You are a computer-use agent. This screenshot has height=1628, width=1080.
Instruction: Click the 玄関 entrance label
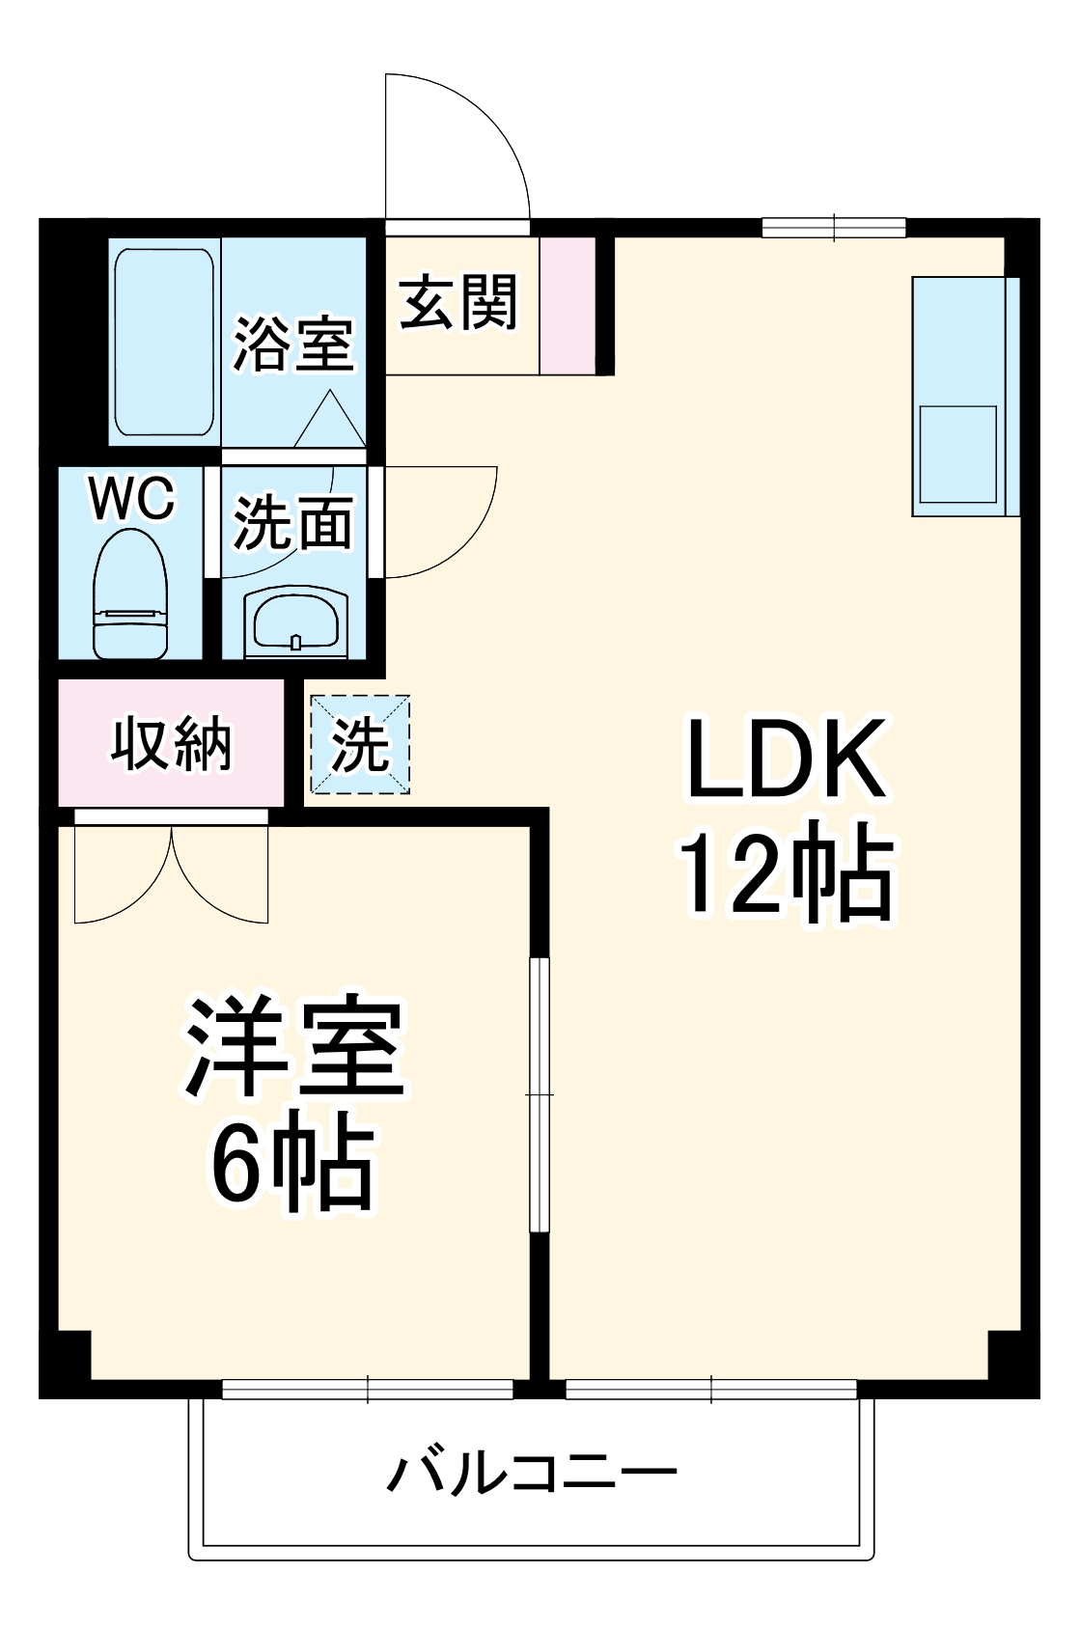[x=459, y=303]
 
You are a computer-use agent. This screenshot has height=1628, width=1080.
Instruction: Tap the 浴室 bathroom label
[x=293, y=345]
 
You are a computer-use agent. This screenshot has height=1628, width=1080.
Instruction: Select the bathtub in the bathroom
[x=164, y=342]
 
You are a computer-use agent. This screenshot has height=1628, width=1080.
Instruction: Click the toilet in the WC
[x=130, y=595]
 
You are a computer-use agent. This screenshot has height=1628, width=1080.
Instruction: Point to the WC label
[x=131, y=499]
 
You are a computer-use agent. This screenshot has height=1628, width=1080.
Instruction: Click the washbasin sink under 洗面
[x=295, y=621]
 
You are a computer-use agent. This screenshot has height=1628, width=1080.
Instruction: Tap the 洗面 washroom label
[x=293, y=523]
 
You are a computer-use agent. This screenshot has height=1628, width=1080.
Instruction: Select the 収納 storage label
[x=172, y=744]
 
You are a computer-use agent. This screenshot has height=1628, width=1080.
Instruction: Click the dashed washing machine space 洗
[x=360, y=745]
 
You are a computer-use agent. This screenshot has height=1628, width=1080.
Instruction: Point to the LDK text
[x=785, y=759]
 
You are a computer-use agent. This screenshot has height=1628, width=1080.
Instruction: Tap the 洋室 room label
[x=294, y=1046]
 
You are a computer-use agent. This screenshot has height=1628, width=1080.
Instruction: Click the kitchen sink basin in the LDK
[x=957, y=454]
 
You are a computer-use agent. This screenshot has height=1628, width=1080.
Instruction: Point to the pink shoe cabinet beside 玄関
[x=567, y=305]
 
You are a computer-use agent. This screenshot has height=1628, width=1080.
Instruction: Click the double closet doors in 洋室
[x=171, y=869]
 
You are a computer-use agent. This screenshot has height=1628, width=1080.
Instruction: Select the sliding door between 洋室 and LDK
[x=540, y=1094]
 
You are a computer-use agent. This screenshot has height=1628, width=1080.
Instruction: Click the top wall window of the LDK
[x=834, y=228]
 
